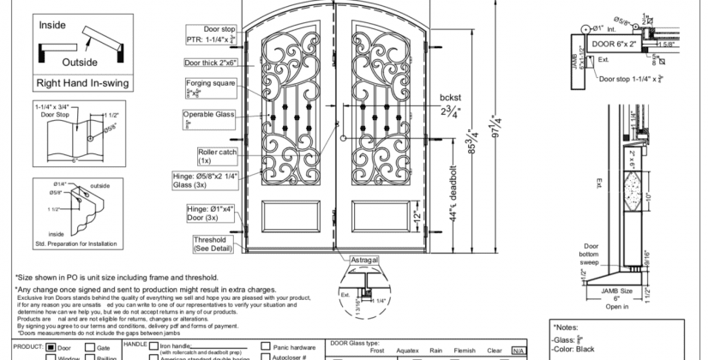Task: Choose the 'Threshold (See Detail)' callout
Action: pyautogui.click(x=210, y=243)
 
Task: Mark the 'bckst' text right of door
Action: pyautogui.click(x=452, y=97)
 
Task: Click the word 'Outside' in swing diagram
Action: pyautogui.click(x=80, y=62)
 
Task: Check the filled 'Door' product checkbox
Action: pyautogui.click(x=51, y=349)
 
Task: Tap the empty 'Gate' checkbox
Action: pyautogui.click(x=89, y=349)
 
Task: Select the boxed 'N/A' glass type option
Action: pyautogui.click(x=517, y=351)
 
